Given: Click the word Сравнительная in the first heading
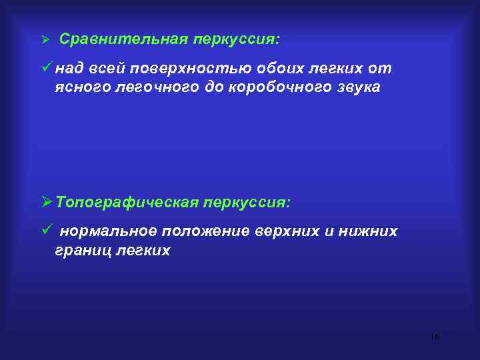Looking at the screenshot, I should coord(124,39).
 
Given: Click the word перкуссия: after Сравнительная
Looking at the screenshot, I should coord(237,39).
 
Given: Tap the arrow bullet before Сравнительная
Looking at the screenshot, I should coord(46,40).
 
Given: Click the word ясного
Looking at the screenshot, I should coord(79,88).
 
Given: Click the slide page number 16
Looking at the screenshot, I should coord(435,336).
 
